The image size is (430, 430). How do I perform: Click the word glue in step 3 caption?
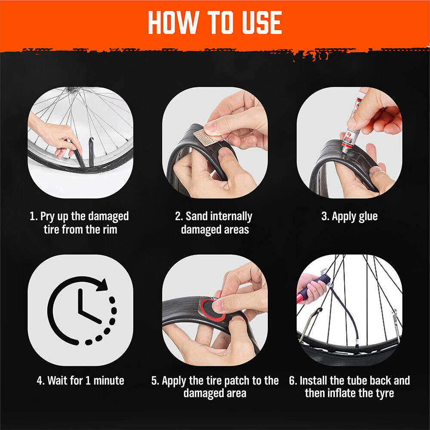pyautogui.click(x=368, y=217)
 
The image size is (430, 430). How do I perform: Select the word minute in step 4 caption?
pyautogui.click(x=109, y=381)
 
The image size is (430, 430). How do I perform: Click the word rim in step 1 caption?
pyautogui.click(x=110, y=230)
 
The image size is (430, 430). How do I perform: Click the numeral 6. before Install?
pyautogui.click(x=293, y=381)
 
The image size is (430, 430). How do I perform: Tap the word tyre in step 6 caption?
pyautogui.click(x=385, y=394)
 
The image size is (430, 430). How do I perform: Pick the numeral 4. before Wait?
pyautogui.click(x=40, y=381)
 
